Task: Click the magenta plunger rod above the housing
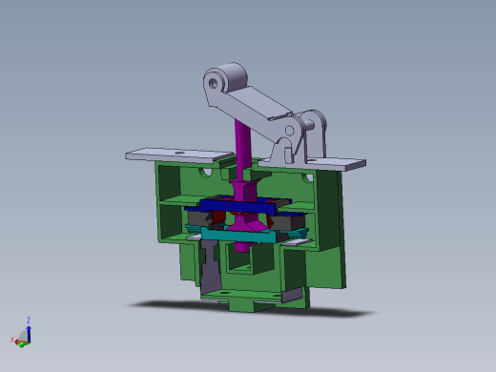[244, 143]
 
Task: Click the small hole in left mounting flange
[178, 151]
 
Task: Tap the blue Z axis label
[29, 320]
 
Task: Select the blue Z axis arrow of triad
[28, 330]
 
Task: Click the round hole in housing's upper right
[305, 177]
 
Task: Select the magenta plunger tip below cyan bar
[244, 247]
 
